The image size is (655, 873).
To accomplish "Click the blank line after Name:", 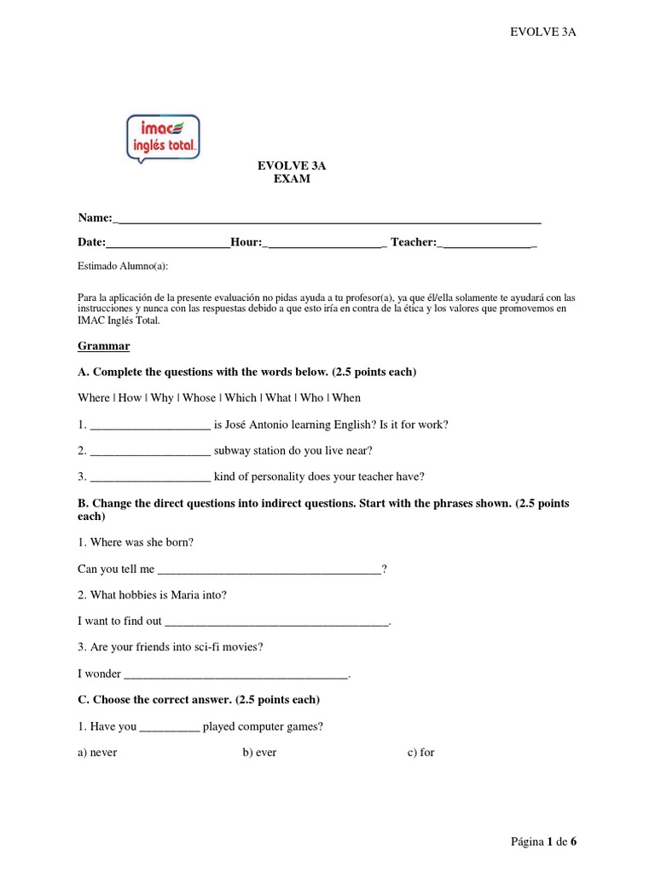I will pyautogui.click(x=327, y=221).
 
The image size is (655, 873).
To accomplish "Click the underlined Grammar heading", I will pyautogui.click(x=104, y=346).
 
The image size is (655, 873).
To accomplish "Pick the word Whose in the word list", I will pyautogui.click(x=200, y=398).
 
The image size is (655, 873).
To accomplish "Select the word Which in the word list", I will pyautogui.click(x=241, y=398).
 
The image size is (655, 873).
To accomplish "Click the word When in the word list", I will pyautogui.click(x=346, y=398).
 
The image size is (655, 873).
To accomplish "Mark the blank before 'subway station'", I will pyautogui.click(x=149, y=452).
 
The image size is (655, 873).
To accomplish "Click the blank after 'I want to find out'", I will pyautogui.click(x=276, y=623).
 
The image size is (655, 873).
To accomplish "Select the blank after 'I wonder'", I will pyautogui.click(x=236, y=675).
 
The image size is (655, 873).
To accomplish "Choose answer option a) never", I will pyautogui.click(x=97, y=753).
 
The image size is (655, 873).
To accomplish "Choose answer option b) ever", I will pyautogui.click(x=259, y=753).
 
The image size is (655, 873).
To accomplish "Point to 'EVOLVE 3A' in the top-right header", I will pyautogui.click(x=543, y=32).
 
